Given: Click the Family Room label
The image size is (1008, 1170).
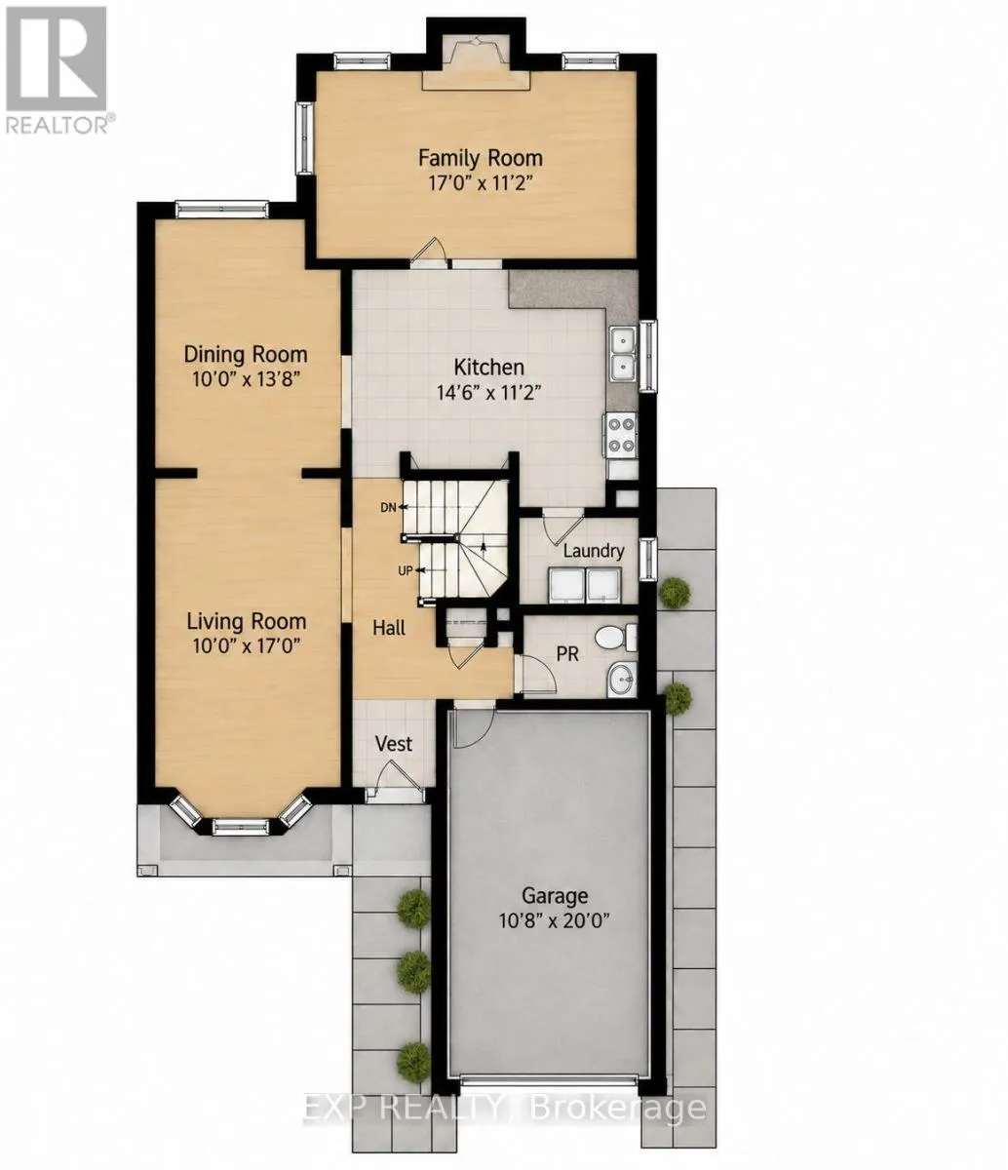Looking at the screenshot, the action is pyautogui.click(x=480, y=158).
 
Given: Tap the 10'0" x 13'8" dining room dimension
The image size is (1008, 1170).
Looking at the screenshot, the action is pyautogui.click(x=246, y=378).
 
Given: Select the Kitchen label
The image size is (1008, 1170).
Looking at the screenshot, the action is pyautogui.click(x=489, y=367).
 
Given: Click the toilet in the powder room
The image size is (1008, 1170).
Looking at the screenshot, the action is pyautogui.click(x=616, y=638).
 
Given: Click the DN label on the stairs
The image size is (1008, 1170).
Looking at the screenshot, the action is pyautogui.click(x=388, y=507).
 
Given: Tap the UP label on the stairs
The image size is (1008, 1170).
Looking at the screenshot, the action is pyautogui.click(x=406, y=570).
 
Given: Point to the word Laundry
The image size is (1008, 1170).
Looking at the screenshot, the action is pyautogui.click(x=593, y=550).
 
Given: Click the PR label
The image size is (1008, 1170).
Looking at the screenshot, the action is pyautogui.click(x=567, y=654).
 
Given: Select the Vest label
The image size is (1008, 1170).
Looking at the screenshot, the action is pyautogui.click(x=394, y=743).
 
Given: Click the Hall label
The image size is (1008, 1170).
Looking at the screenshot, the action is pyautogui.click(x=389, y=627).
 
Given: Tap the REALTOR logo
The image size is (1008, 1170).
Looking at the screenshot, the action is pyautogui.click(x=56, y=70).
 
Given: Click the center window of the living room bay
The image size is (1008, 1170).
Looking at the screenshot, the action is pyautogui.click(x=241, y=827).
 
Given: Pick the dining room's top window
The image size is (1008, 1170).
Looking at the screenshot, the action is pyautogui.click(x=221, y=210).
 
